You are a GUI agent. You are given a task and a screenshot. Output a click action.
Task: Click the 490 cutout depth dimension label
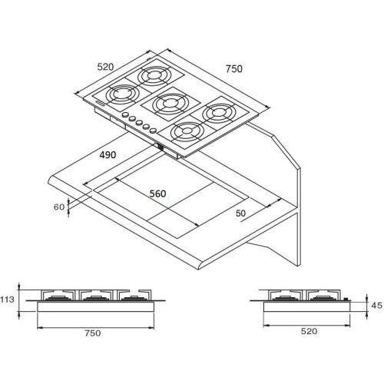pyautogui.click(x=108, y=155)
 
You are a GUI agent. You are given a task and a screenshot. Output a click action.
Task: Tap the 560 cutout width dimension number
pyautogui.click(x=157, y=194)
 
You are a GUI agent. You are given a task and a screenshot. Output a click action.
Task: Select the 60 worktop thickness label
pyautogui.click(x=59, y=207)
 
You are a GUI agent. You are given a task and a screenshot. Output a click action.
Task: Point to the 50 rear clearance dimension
pyautogui.click(x=240, y=213)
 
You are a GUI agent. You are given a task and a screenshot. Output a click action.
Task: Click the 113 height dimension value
pyautogui.click(x=7, y=300)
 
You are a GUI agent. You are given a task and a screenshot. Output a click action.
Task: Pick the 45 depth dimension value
pyautogui.click(x=376, y=306)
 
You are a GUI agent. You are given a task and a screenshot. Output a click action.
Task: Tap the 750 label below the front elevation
pyautogui.click(x=93, y=333)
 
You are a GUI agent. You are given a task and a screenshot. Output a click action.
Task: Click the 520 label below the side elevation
pyautogui.click(x=309, y=331)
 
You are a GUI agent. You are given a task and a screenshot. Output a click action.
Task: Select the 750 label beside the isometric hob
pyautogui.click(x=233, y=69)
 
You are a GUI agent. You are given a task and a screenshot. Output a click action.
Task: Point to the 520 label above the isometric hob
pyautogui.click(x=105, y=67)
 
